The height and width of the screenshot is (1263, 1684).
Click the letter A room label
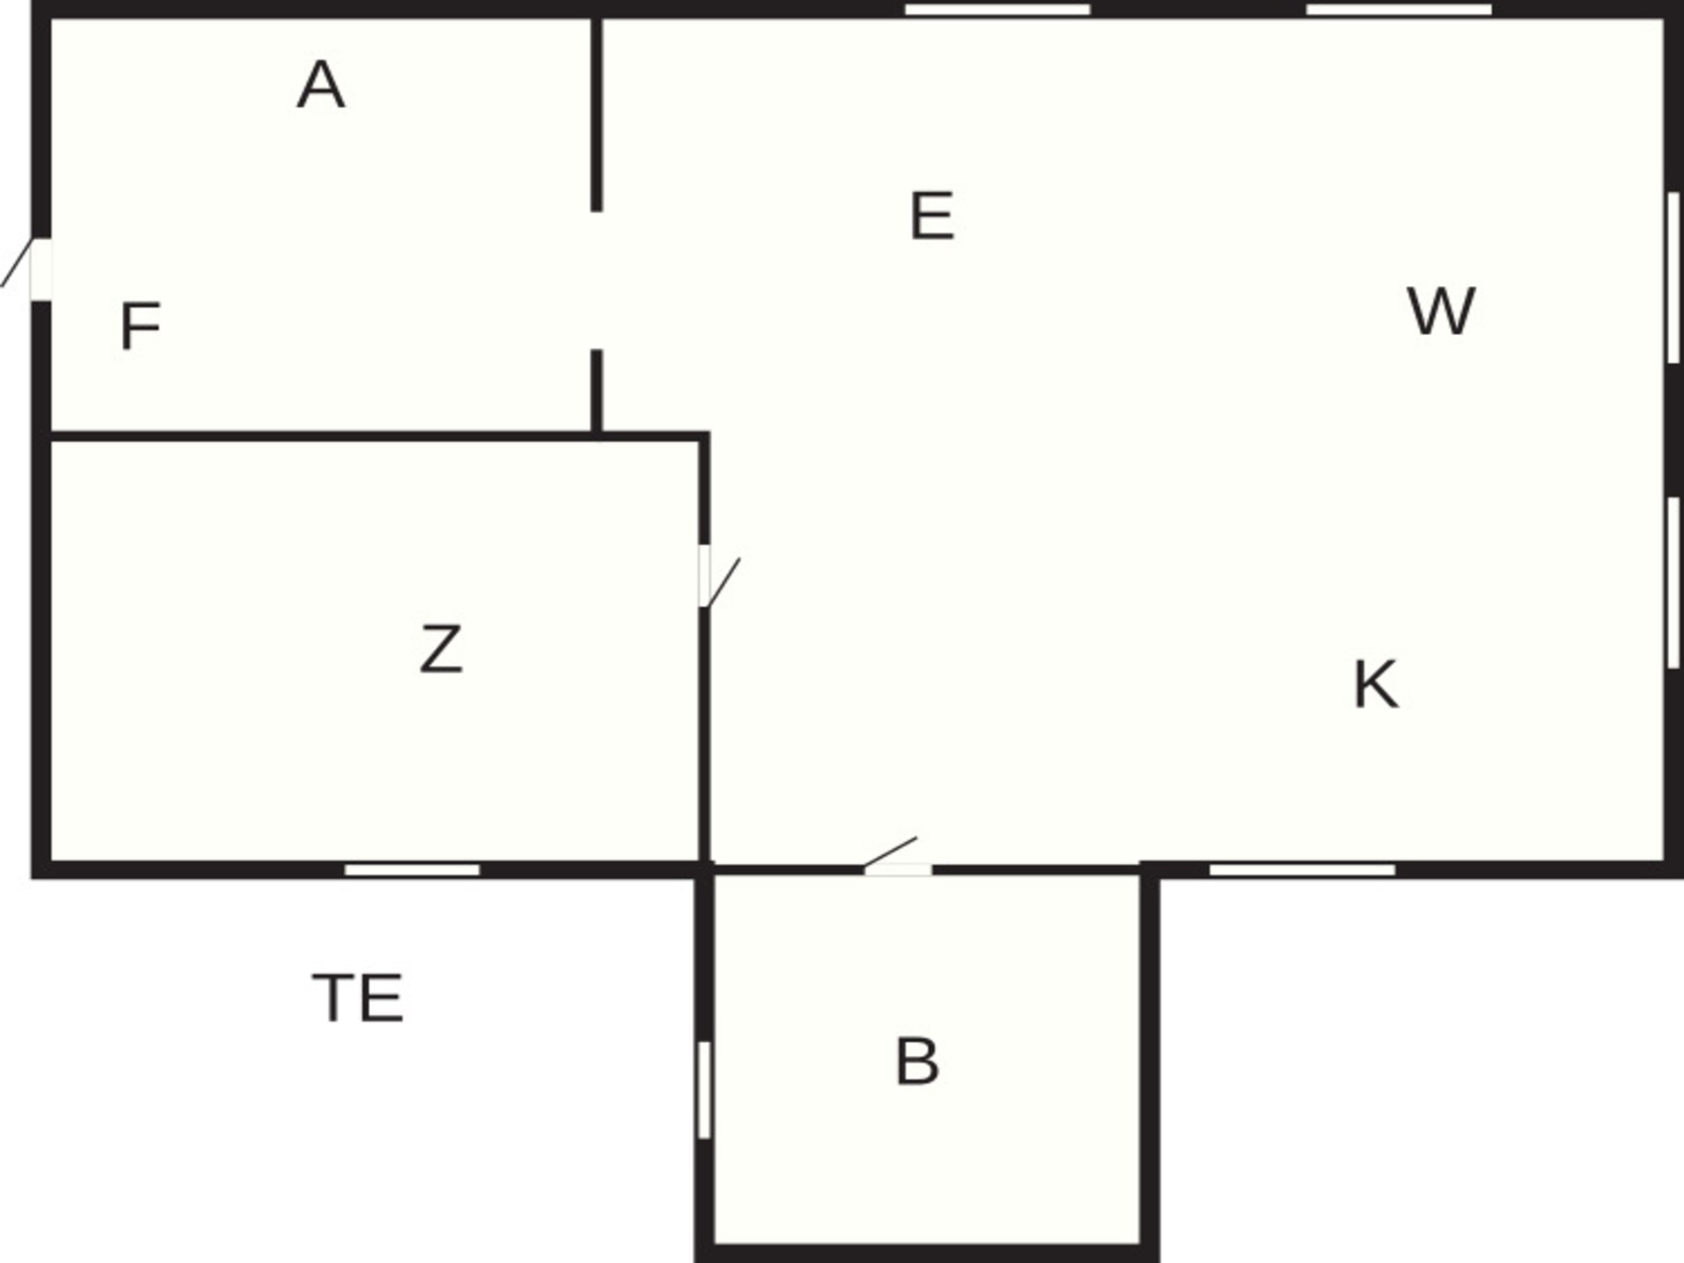click(x=321, y=85)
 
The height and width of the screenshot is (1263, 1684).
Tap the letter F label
click(x=140, y=326)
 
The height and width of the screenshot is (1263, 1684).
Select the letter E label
click(x=931, y=216)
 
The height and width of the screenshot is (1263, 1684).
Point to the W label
click(x=1441, y=310)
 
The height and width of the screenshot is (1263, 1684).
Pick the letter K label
click(x=1375, y=684)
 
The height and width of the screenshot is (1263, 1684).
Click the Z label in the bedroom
click(x=440, y=649)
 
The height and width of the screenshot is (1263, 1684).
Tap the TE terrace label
click(x=358, y=998)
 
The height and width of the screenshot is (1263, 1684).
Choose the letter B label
click(x=917, y=1062)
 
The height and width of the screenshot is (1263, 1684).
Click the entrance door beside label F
click(x=26, y=268)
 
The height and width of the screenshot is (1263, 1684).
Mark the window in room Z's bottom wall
click(x=412, y=869)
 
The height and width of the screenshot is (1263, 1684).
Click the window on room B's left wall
click(x=703, y=1090)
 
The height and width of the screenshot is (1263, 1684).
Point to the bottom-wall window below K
click(x=1302, y=869)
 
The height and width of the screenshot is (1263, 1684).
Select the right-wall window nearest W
click(x=1673, y=277)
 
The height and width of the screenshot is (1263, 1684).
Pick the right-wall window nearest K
click(x=1673, y=582)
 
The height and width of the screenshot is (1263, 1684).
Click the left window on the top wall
click(x=997, y=10)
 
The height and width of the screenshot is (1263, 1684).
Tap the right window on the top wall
click(x=1399, y=10)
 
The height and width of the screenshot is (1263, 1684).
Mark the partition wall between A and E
click(x=596, y=114)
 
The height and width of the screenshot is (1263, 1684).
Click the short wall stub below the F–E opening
click(x=596, y=391)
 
